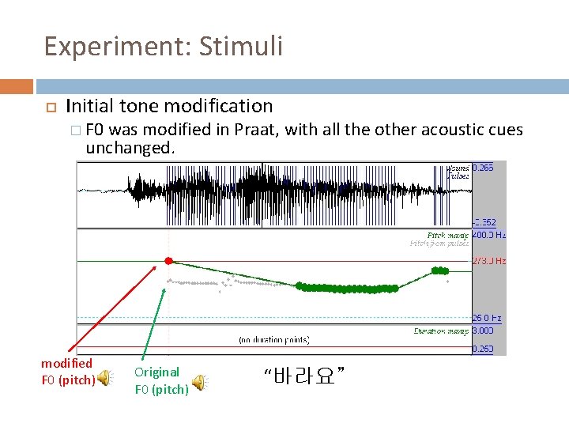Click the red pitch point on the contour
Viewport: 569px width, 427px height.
coord(168,261)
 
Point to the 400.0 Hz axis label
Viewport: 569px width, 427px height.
coord(488,235)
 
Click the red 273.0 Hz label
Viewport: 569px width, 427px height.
coord(488,261)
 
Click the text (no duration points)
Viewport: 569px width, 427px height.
coord(273,340)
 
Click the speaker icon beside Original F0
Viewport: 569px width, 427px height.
coord(201,383)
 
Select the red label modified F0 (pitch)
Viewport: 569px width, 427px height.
coord(68,371)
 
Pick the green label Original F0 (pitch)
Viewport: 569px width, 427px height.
coord(161,380)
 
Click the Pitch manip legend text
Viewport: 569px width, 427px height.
coord(447,236)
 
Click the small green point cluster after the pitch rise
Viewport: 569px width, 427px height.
coord(439,271)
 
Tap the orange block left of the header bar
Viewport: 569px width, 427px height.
coord(16,85)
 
